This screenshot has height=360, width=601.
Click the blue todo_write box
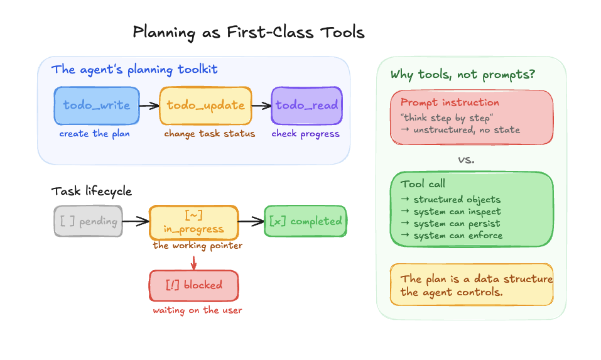click(97, 106)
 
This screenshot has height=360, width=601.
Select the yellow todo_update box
click(205, 106)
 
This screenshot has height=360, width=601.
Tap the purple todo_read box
click(306, 106)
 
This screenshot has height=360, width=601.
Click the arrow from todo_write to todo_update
click(149, 106)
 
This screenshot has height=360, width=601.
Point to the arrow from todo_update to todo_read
click(261, 106)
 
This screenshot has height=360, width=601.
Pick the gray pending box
click(88, 221)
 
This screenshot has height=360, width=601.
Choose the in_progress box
click(194, 222)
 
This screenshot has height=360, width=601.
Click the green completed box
click(305, 221)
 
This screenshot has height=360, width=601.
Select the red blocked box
click(194, 285)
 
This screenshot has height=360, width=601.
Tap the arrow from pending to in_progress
click(136, 221)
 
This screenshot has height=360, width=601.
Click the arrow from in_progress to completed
click(251, 221)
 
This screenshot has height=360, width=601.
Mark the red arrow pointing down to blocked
click(194, 261)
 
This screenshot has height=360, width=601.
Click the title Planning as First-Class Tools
click(248, 33)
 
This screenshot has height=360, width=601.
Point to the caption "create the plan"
click(94, 134)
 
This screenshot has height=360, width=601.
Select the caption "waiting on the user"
click(197, 310)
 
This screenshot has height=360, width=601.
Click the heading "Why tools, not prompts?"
click(463, 75)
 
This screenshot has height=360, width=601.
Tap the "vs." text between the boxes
click(466, 160)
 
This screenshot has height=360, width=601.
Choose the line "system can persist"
click(451, 224)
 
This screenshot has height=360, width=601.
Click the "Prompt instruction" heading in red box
click(450, 102)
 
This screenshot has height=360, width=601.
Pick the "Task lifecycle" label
click(92, 191)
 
